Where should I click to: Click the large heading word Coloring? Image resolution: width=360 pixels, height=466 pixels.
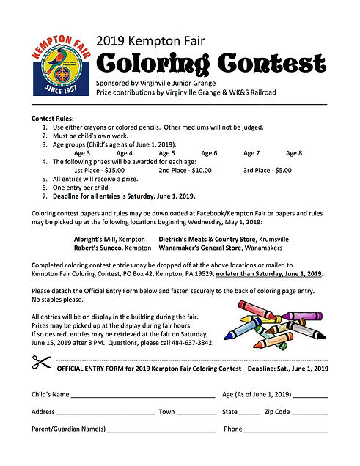[x=149, y=64]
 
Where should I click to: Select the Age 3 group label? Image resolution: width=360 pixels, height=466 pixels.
[x=82, y=153]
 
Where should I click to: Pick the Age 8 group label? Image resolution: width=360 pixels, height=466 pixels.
[x=294, y=153]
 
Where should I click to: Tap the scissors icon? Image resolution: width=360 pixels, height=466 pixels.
[x=40, y=362]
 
